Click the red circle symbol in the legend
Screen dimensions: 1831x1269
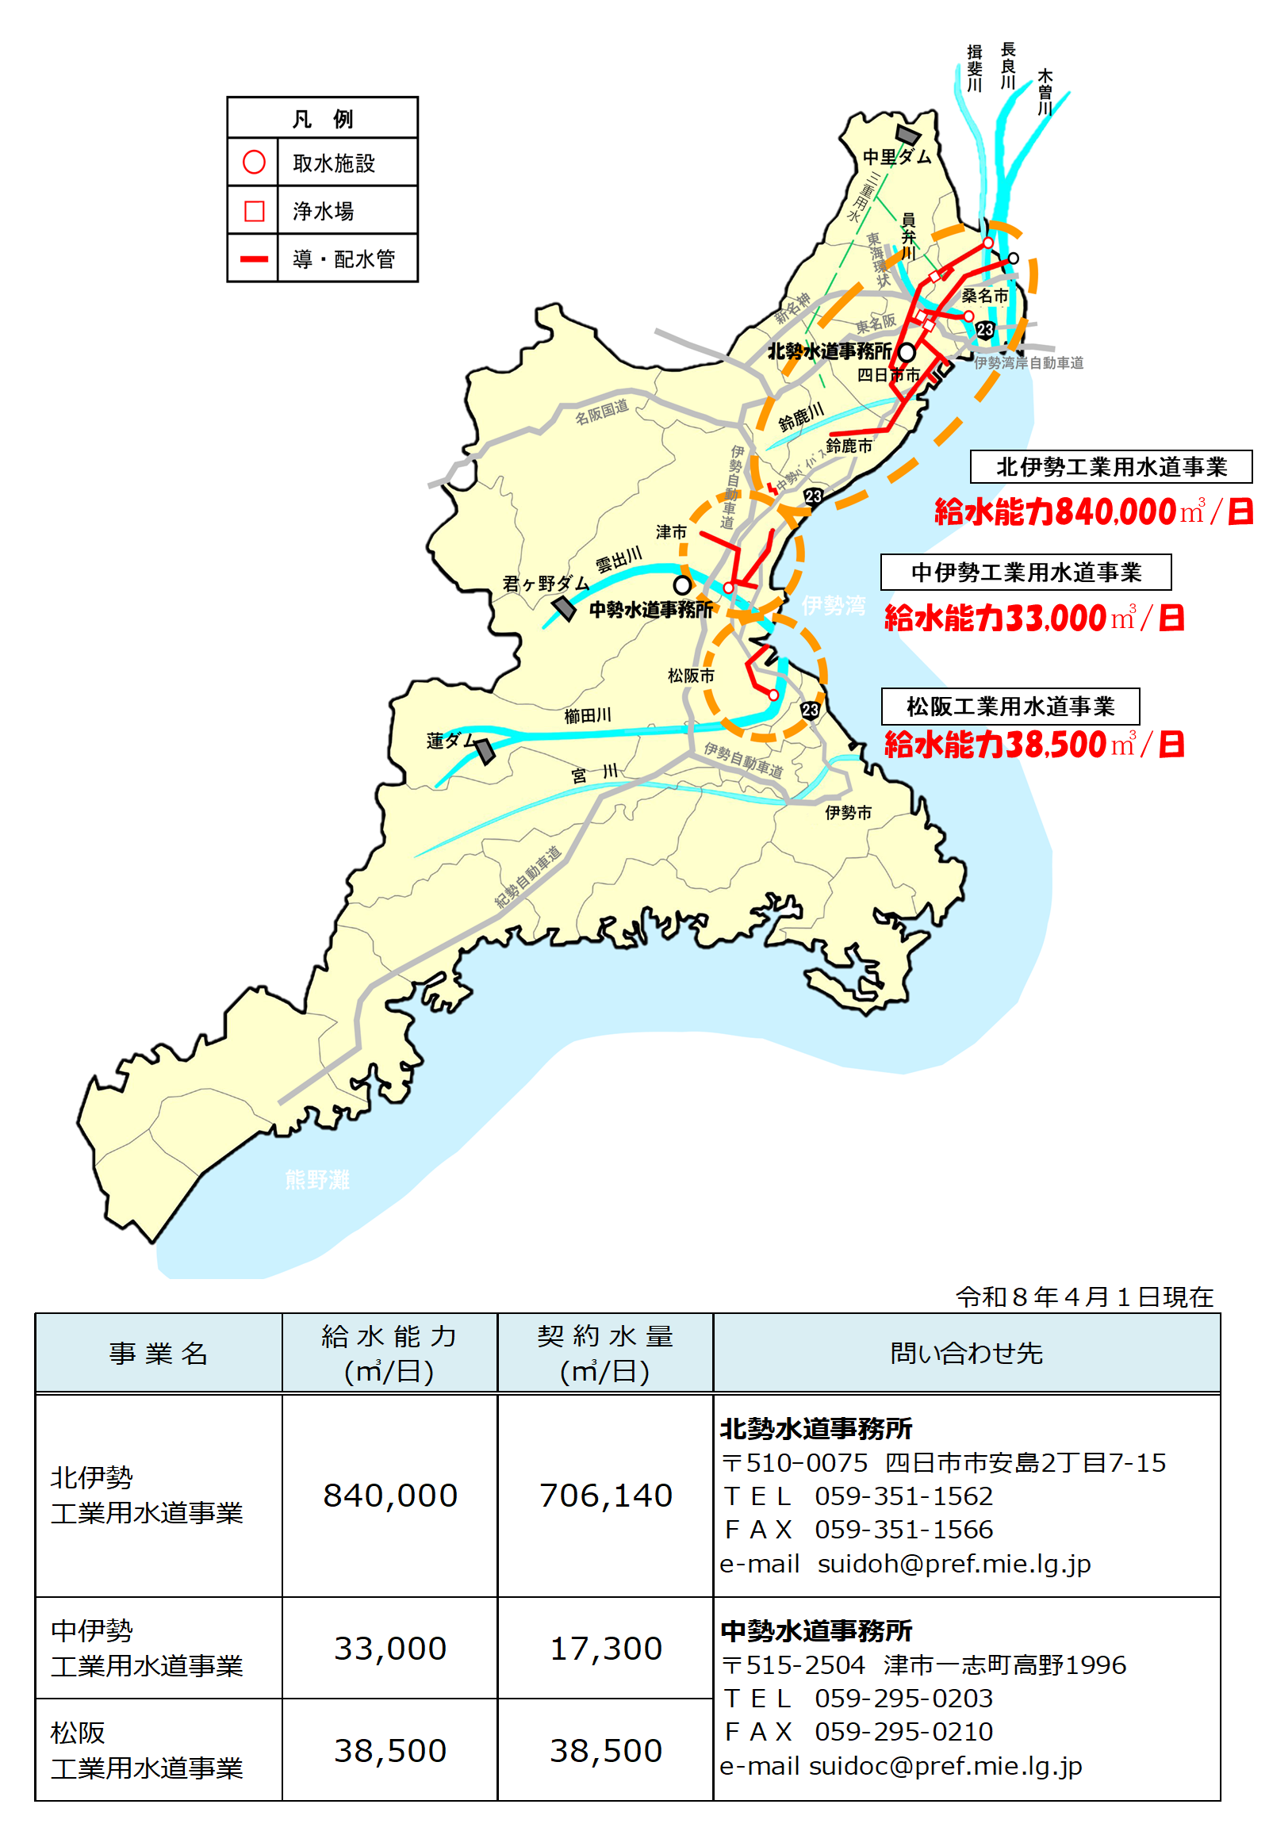pos(254,163)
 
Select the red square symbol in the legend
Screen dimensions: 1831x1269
pos(254,211)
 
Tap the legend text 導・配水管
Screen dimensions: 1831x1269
pos(343,259)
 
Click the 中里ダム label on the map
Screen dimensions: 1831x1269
pos(897,157)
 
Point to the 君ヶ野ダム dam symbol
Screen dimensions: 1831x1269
pos(565,609)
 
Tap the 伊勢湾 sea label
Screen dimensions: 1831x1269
pos(834,606)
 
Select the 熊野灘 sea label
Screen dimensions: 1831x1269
pos(317,1180)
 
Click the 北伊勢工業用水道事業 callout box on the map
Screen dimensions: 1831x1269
pos(1111,467)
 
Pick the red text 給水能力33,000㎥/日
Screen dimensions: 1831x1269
pos(1033,618)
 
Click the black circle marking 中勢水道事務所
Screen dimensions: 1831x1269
pos(682,585)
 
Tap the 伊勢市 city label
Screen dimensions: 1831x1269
pos(849,813)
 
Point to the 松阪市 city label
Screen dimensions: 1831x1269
pos(691,676)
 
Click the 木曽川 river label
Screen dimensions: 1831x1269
pos(1045,92)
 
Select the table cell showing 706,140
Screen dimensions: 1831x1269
pos(606,1496)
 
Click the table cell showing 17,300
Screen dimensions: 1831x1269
pos(606,1649)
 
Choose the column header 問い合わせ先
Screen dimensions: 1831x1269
pos(966,1353)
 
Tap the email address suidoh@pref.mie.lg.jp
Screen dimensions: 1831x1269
pos(954,1564)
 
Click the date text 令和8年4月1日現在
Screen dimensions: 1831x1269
pos(1084,1297)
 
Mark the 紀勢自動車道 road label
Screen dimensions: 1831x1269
pos(528,876)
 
